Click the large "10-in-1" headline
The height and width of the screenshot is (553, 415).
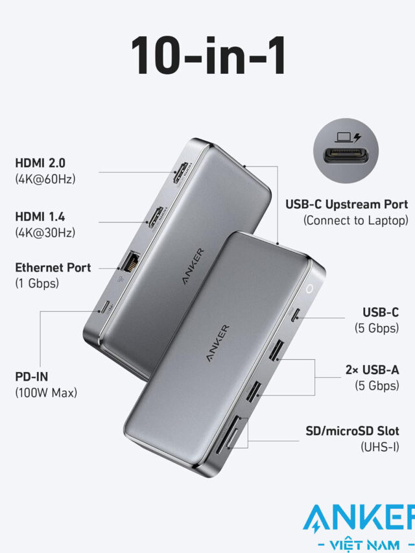coord(208,56)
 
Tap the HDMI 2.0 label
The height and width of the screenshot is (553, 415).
coord(40,163)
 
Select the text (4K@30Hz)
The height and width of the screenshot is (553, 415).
coord(45,232)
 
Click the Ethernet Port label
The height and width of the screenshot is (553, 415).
coord(53,268)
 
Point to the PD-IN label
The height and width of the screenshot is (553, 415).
coord(31,377)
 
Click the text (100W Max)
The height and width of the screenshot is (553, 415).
coord(46,392)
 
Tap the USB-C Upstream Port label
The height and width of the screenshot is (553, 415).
coord(346,205)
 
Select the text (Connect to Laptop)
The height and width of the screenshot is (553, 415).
coord(356,220)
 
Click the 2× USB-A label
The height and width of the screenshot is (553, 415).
coord(372,370)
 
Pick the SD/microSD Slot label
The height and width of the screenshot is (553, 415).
coord(352,431)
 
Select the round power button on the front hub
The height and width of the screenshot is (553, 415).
coord(309,289)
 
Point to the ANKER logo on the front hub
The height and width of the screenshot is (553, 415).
coord(217,343)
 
